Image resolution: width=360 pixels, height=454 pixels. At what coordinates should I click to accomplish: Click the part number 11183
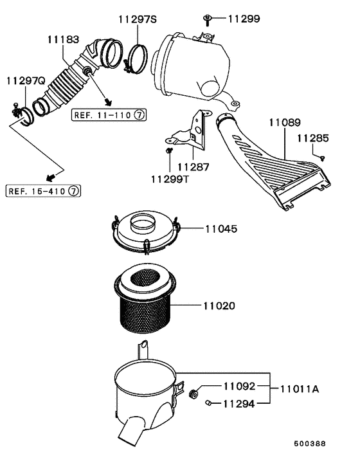click(62, 40)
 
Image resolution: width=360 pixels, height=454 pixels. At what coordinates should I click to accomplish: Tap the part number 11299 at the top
click(243, 19)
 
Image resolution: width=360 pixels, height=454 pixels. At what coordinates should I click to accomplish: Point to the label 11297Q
click(25, 81)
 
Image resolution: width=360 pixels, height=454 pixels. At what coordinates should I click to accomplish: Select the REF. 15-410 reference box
click(43, 191)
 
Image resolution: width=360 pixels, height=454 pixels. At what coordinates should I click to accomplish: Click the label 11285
click(312, 138)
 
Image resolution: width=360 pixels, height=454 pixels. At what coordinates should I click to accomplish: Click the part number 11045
click(221, 228)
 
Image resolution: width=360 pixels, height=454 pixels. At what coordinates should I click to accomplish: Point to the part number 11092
click(239, 386)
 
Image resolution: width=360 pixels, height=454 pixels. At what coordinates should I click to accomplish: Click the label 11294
click(239, 404)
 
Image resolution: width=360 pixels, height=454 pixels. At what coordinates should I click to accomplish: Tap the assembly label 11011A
click(299, 389)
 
